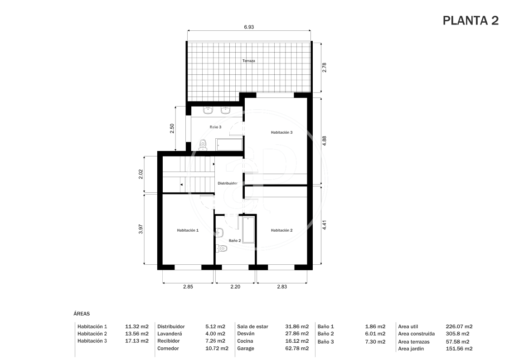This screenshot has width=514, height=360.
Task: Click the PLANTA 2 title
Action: click(x=470, y=20)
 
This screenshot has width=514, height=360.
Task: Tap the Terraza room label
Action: click(x=248, y=61)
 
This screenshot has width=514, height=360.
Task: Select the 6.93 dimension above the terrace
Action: click(x=249, y=27)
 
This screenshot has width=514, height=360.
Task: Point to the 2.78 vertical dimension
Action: click(x=324, y=68)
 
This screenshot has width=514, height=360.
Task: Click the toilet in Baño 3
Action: click(x=203, y=145)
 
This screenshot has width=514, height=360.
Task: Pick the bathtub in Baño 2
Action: click(x=249, y=229)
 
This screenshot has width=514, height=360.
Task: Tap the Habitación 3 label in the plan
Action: click(x=281, y=132)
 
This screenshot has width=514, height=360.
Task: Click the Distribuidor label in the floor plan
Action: click(x=228, y=183)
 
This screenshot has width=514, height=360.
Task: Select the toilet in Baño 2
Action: click(x=222, y=249)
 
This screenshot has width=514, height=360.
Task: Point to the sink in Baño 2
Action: click(x=220, y=233)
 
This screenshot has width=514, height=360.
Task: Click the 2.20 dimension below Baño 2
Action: click(x=235, y=287)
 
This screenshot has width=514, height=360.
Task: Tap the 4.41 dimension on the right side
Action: click(x=324, y=224)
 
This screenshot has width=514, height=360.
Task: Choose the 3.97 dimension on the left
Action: click(x=141, y=229)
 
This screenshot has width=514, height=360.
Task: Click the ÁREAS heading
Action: click(x=82, y=314)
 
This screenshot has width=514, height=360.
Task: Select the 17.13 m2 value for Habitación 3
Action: click(x=137, y=341)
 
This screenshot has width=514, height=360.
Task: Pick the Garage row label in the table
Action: click(x=246, y=349)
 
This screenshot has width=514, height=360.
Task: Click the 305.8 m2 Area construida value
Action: click(x=458, y=334)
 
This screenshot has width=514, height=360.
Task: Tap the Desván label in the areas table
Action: click(x=246, y=333)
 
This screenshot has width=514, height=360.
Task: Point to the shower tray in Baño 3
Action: click(x=229, y=145)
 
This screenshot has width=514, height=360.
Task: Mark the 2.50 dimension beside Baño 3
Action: click(x=172, y=128)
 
